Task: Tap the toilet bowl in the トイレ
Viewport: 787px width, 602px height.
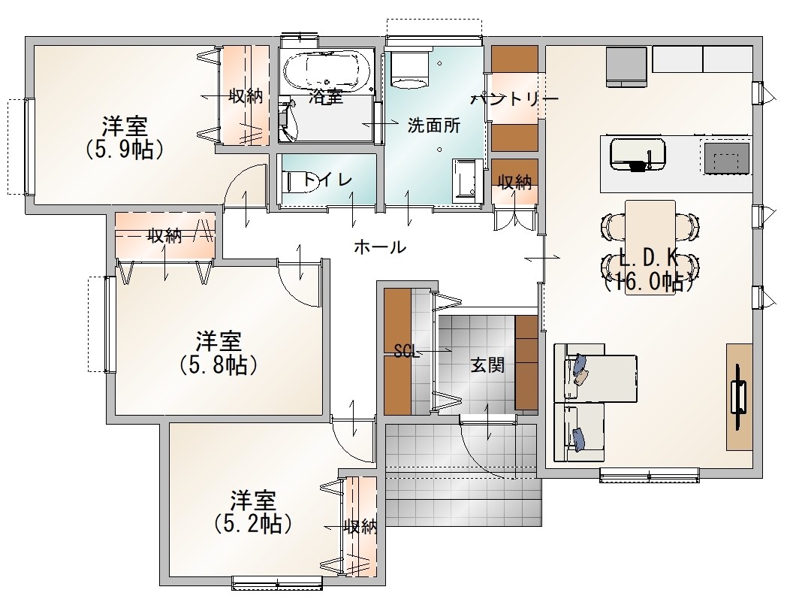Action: coord(300,181)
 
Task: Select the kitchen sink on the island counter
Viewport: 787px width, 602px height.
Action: coord(638,155)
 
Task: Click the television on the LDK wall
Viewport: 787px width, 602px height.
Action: coord(740,396)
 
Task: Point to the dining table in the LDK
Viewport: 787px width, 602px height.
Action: coord(650,247)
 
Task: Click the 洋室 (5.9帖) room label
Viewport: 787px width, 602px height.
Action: coord(125,138)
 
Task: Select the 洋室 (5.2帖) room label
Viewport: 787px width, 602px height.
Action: coord(253,512)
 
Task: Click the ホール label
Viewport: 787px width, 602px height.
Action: coord(379,247)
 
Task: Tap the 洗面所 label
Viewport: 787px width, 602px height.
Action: coord(433,125)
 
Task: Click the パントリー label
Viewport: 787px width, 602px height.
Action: coord(514,98)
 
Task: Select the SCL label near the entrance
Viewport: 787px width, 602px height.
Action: coord(406,351)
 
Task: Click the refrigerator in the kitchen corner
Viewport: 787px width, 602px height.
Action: coord(626,66)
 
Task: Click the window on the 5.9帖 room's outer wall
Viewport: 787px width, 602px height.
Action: coord(29,147)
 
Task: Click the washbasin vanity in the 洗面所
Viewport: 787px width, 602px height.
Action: coord(467,180)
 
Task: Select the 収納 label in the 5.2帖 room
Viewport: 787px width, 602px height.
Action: coord(360,527)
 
